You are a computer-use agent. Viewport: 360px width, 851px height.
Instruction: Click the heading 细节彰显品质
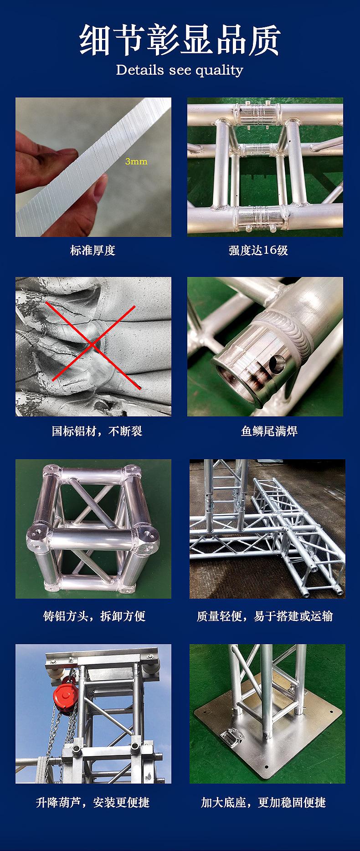(180, 41)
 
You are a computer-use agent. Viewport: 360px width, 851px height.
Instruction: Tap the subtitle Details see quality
(180, 70)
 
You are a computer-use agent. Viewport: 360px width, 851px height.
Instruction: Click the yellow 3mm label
(136, 161)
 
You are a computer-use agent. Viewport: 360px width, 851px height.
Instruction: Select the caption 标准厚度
(93, 250)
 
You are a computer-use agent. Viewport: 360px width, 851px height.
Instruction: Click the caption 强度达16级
(258, 250)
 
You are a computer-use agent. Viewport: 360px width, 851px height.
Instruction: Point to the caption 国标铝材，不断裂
(97, 431)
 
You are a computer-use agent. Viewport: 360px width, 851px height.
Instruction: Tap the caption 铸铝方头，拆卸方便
(94, 616)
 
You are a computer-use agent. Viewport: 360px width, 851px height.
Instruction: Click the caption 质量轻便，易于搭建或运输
(265, 616)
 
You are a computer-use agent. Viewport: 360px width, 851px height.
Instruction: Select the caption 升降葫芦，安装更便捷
(93, 802)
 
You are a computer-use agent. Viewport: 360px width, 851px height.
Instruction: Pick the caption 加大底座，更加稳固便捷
(264, 802)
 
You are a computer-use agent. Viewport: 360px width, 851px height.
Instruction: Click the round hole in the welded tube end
(276, 363)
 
